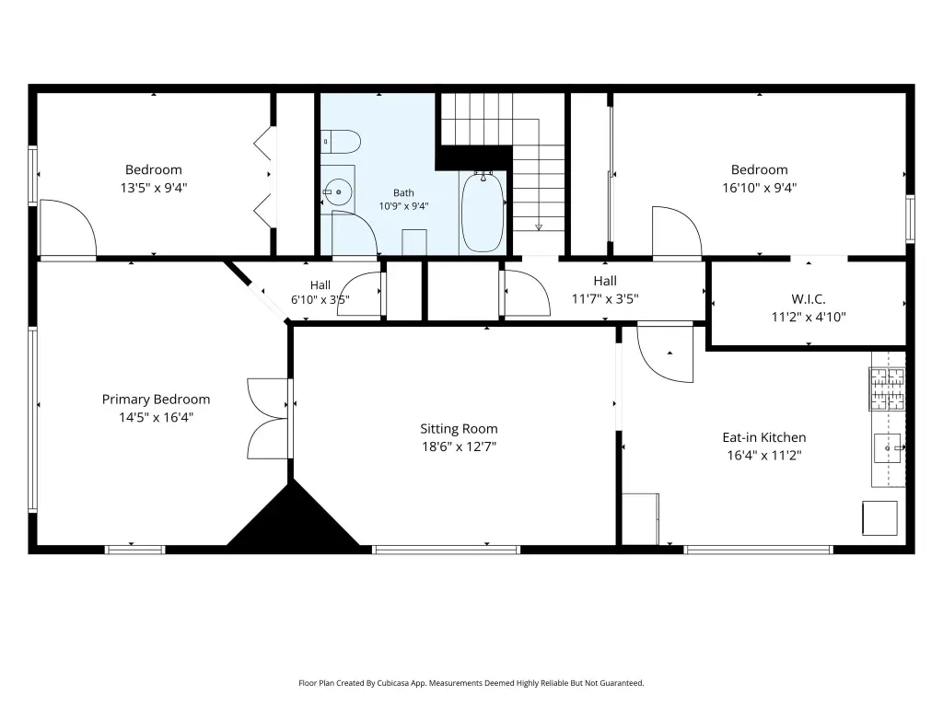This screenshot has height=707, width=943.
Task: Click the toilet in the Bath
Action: pyautogui.click(x=341, y=142)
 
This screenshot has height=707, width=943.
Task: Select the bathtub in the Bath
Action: pyautogui.click(x=483, y=213)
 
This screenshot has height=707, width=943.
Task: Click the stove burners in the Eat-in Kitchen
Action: pyautogui.click(x=887, y=389)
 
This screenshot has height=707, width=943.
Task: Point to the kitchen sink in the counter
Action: pyautogui.click(x=887, y=448)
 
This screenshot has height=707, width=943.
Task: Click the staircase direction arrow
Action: pyautogui.click(x=539, y=226)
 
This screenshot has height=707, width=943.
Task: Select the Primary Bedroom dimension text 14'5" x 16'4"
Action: pyautogui.click(x=156, y=417)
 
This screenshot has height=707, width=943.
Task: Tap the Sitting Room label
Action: pyautogui.click(x=459, y=429)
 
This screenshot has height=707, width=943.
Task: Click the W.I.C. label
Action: pyautogui.click(x=809, y=299)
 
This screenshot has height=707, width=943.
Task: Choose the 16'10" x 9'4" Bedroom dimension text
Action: pyautogui.click(x=760, y=188)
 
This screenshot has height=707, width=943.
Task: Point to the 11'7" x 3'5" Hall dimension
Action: pyautogui.click(x=605, y=299)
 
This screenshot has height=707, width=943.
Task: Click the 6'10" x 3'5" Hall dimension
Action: pyautogui.click(x=320, y=299)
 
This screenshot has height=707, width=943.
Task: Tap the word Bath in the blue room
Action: pyautogui.click(x=403, y=193)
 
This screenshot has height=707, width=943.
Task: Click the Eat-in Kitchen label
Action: pyautogui.click(x=764, y=437)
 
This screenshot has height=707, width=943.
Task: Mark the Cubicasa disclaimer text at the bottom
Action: pyautogui.click(x=471, y=683)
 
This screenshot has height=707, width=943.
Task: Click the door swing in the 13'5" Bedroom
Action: pyautogui.click(x=67, y=228)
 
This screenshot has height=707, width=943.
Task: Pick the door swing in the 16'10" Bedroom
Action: pyautogui.click(x=677, y=232)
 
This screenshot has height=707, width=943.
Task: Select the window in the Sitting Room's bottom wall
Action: pyautogui.click(x=447, y=550)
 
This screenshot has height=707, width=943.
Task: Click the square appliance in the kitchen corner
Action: pyautogui.click(x=879, y=517)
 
